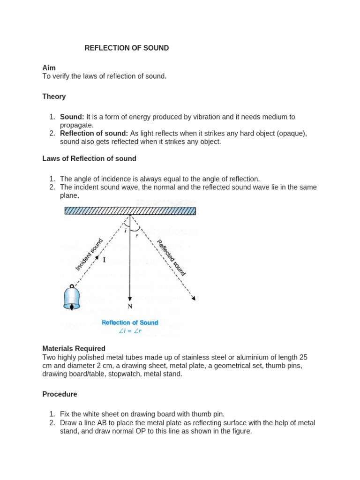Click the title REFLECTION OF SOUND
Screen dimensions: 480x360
click(x=127, y=48)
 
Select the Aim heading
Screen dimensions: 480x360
click(x=49, y=68)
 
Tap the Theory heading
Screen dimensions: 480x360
click(x=54, y=97)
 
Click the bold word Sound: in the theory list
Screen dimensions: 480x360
click(x=72, y=117)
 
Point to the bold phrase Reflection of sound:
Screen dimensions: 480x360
click(x=94, y=134)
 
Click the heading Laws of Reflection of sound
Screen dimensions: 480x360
click(x=89, y=158)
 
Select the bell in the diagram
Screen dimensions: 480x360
click(x=72, y=298)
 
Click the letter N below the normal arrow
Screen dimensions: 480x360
click(x=130, y=306)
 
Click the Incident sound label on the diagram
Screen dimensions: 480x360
click(x=89, y=255)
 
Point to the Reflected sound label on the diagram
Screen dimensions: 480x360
click(x=172, y=257)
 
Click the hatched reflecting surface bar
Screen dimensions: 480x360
click(x=130, y=210)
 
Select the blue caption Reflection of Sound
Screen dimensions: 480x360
click(x=130, y=322)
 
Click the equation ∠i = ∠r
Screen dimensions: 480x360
click(x=130, y=331)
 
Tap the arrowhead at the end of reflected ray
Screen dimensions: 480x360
click(x=193, y=298)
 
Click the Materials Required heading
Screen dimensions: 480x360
click(x=74, y=349)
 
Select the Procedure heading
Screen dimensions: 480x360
click(x=60, y=394)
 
